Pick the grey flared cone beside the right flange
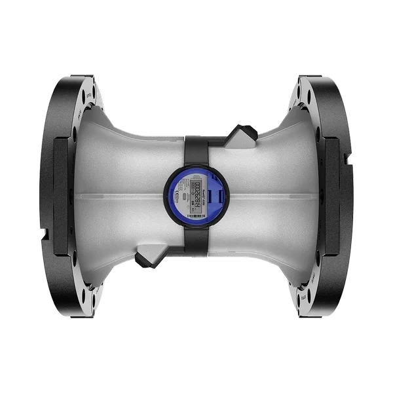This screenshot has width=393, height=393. pos(282,196)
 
